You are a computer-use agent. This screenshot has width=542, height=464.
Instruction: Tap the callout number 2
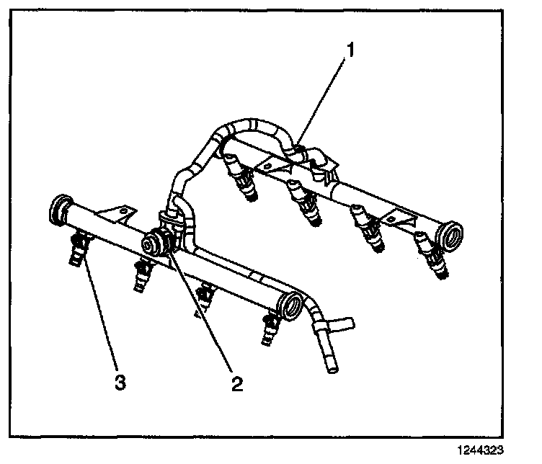[236, 382]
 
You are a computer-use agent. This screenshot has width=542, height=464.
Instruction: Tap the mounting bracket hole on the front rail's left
[123, 211]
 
